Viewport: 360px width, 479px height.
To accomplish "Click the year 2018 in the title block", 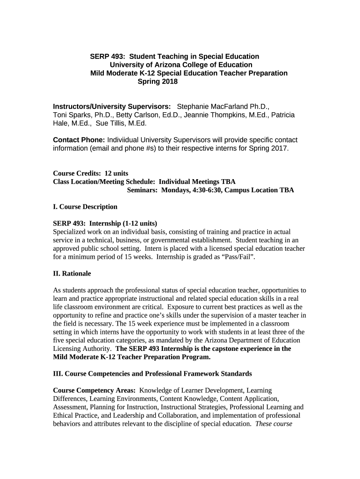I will tap(170, 81).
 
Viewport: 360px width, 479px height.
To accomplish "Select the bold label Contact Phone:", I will tap(79, 140).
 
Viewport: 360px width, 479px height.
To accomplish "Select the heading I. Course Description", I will tap(85, 206).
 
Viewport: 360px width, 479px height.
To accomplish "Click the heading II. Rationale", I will tap(72, 273).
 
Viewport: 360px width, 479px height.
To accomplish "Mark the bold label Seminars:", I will tap(142, 190).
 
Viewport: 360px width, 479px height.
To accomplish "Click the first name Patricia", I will tap(283, 115).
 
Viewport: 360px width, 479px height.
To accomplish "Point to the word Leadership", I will tap(119, 415).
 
